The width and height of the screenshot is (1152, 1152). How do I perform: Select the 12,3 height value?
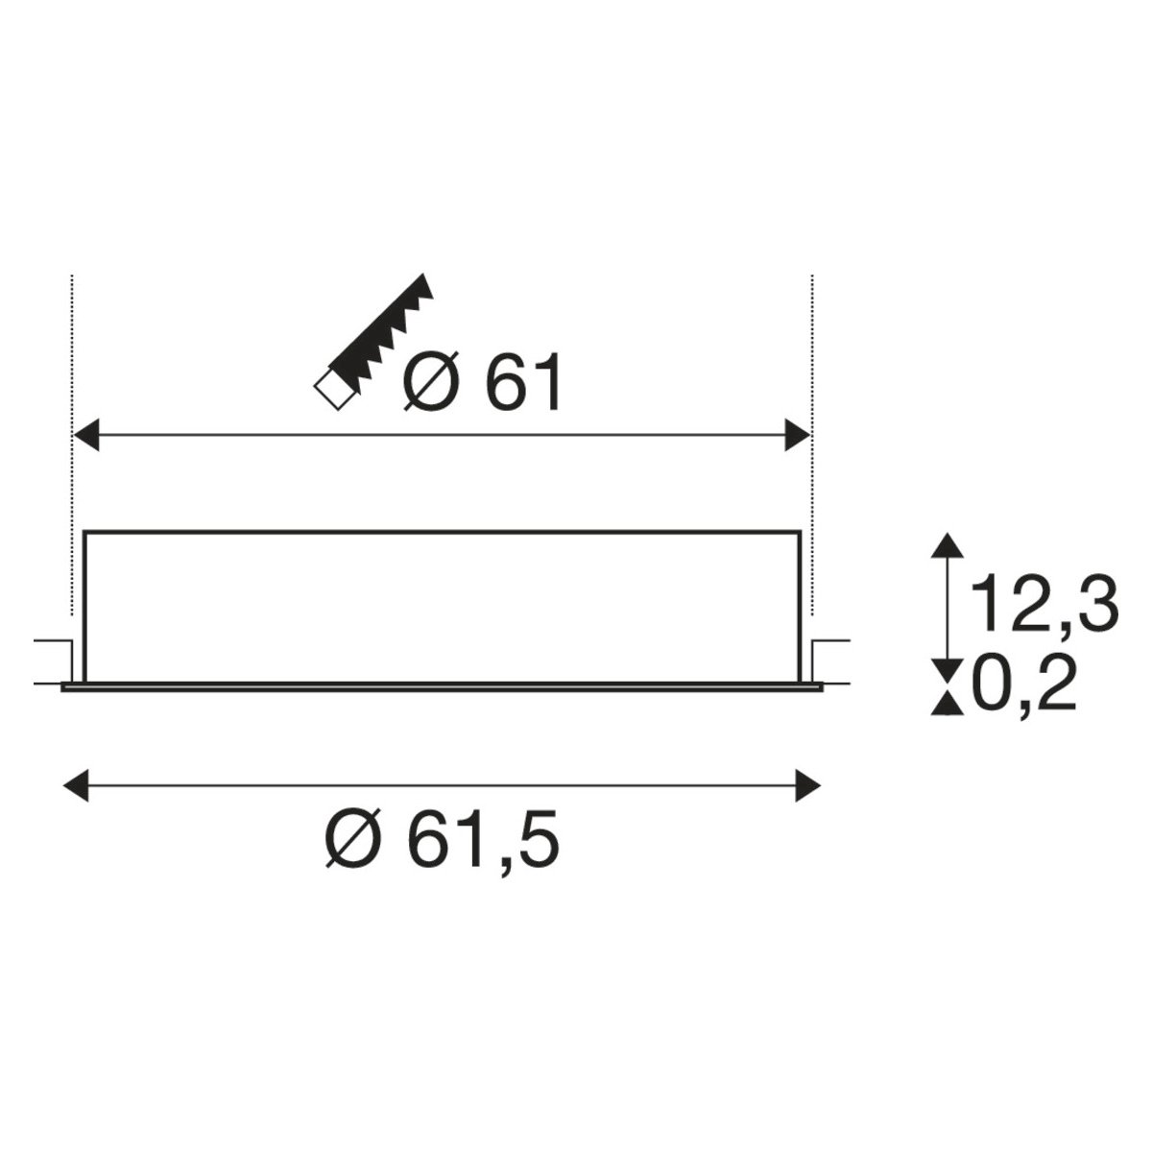(1044, 605)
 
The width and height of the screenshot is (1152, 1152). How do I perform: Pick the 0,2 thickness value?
(1024, 683)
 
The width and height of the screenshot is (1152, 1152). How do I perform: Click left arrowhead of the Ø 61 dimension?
(84, 435)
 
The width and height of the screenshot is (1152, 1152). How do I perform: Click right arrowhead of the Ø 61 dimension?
(798, 435)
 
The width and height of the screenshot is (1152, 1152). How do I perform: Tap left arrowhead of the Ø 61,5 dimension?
(76, 785)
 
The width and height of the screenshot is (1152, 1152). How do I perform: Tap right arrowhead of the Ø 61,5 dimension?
(807, 785)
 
